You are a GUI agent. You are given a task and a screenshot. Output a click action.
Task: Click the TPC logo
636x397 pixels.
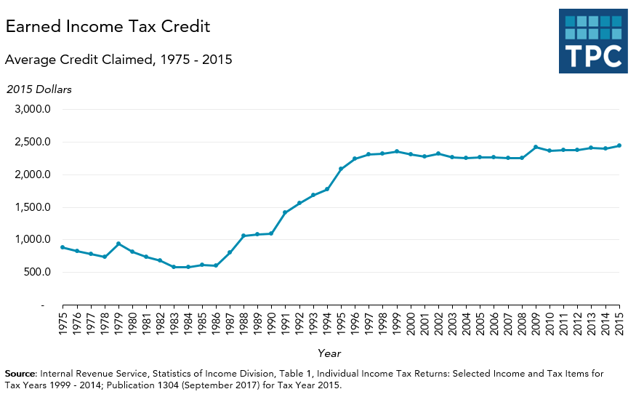pyautogui.click(x=592, y=41)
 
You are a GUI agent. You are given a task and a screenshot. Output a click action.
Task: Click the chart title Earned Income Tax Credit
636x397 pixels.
pyautogui.click(x=108, y=27)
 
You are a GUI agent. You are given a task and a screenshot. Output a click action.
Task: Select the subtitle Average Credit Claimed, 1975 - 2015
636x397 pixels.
pyautogui.click(x=118, y=60)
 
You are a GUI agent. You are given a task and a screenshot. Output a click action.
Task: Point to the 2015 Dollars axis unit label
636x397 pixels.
pyautogui.click(x=39, y=89)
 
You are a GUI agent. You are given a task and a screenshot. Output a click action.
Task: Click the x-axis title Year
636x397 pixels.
pyautogui.click(x=328, y=353)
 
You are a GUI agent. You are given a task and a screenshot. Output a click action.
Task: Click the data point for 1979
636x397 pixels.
pyautogui.click(x=118, y=244)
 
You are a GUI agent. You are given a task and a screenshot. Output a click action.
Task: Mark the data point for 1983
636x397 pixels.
pyautogui.click(x=174, y=267)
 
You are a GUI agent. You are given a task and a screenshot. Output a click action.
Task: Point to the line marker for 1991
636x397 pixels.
pyautogui.click(x=285, y=212)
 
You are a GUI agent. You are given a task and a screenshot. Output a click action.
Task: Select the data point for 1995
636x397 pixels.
pyautogui.click(x=341, y=169)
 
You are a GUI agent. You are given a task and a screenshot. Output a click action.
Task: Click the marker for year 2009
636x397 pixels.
pyautogui.click(x=536, y=147)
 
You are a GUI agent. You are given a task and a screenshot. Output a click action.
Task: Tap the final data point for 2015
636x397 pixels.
pyautogui.click(x=619, y=145)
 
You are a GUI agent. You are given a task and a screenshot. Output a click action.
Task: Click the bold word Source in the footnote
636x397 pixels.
pyautogui.click(x=20, y=373)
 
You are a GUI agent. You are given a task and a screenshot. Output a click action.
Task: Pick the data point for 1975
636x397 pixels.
pyautogui.click(x=63, y=247)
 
